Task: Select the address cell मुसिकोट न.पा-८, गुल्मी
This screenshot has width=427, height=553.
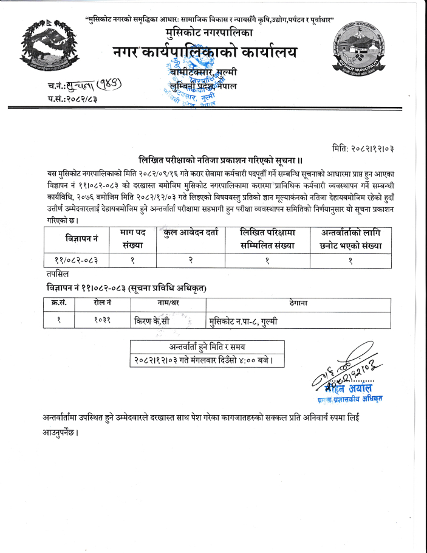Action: click(x=243, y=320)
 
